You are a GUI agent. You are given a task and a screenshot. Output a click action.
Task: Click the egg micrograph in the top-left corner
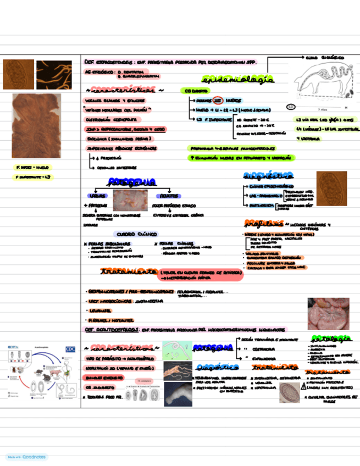[x=18, y=74]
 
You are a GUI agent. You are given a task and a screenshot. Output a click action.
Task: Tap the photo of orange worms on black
[x=54, y=75]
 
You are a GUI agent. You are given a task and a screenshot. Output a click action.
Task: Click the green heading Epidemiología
[x=237, y=80]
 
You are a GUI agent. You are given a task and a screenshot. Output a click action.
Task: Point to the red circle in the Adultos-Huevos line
[x=218, y=101]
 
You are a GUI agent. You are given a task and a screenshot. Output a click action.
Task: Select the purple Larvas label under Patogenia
[x=97, y=196]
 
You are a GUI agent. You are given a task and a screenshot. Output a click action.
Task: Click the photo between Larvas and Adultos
[x=130, y=201]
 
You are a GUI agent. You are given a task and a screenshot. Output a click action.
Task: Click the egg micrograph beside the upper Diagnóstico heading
[x=331, y=188]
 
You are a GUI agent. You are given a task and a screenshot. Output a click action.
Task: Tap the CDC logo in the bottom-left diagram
[x=70, y=348]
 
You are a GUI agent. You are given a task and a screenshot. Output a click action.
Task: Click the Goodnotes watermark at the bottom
[x=27, y=457]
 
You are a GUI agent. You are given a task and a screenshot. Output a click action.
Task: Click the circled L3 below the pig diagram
[x=291, y=107]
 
